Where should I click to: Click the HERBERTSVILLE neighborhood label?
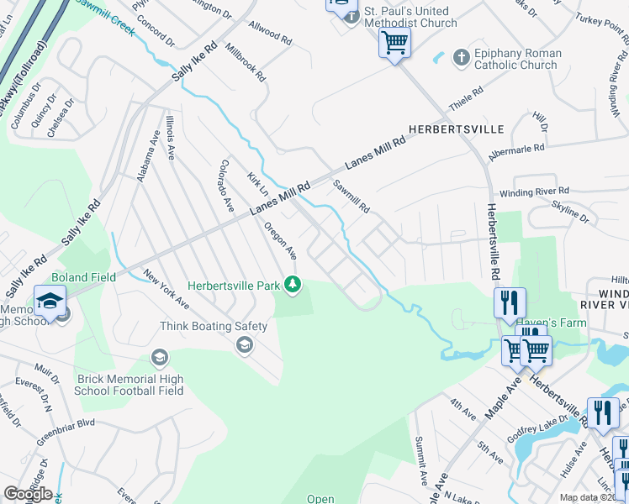[456, 129]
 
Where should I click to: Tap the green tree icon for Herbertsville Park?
[293, 286]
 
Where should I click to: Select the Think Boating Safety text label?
[214, 326]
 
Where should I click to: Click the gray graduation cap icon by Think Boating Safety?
[245, 344]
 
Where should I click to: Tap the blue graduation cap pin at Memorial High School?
[50, 301]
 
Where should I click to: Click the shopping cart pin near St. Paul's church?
[394, 41]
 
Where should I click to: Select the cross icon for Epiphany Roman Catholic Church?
[460, 58]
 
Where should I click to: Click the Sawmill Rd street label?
[351, 196]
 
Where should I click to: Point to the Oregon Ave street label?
[280, 239]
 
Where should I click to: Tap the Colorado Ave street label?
[225, 186]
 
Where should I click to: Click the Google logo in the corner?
[28, 494]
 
